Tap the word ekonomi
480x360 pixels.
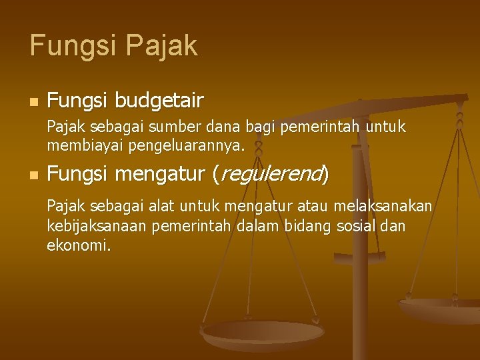[x=77, y=245]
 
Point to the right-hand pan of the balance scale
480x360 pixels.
[x=440, y=309]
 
